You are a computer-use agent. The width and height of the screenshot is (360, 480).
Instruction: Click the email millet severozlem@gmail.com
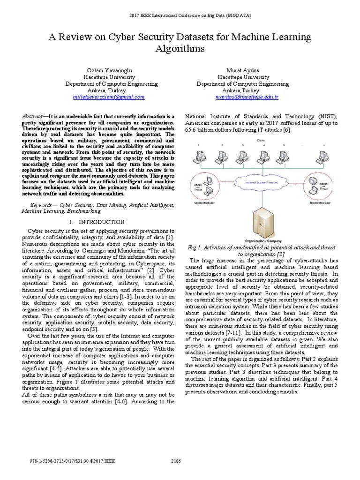(108, 97)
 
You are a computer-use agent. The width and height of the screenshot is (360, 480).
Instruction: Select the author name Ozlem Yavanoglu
(109, 70)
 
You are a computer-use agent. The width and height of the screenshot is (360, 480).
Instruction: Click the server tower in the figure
(262, 221)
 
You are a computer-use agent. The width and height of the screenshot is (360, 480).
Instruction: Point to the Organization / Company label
(262, 240)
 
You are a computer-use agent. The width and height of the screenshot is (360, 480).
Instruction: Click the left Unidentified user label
(202, 203)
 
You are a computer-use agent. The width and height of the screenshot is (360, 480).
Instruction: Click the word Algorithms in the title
(180, 48)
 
